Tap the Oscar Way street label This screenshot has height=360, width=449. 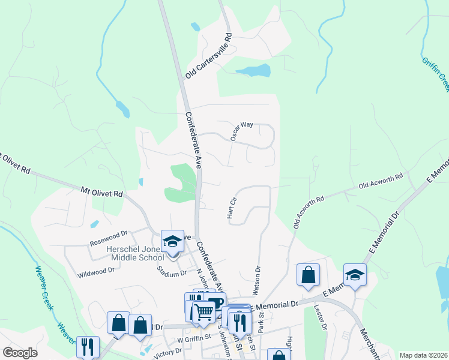coord(243,131)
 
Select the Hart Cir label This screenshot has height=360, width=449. coord(233,206)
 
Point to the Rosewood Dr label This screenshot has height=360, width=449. coord(109,238)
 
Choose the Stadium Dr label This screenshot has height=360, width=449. coord(172,274)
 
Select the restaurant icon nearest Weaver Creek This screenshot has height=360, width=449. coord(88,347)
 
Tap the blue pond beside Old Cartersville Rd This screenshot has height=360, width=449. coord(253,71)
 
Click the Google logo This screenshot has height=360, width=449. coord(20,353)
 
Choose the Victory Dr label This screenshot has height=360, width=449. coord(167,352)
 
